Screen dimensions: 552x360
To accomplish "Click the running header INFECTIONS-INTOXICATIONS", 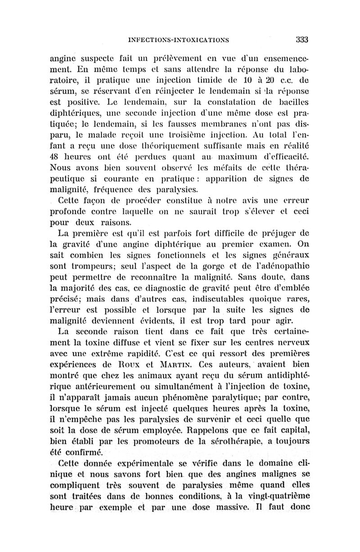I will [179, 40].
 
